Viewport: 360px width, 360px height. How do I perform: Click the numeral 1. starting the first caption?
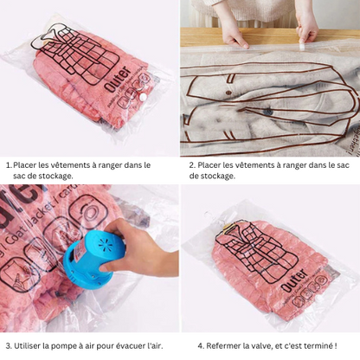9,164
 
